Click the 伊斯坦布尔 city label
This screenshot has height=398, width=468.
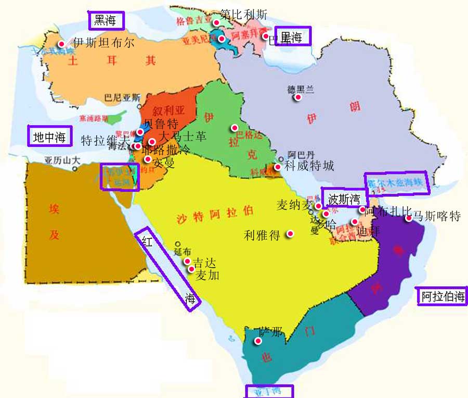pyautogui.click(x=103, y=43)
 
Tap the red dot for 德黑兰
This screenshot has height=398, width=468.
pyautogui.click(x=298, y=97)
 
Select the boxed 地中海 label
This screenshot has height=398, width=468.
pyautogui.click(x=49, y=137)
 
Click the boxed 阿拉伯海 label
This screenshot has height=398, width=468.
pyautogui.click(x=443, y=297)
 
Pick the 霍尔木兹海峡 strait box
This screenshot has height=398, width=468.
pyautogui.click(x=396, y=183)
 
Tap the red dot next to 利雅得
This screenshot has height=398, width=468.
pyautogui.click(x=290, y=233)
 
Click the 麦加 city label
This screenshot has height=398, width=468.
pyautogui.click(x=207, y=276)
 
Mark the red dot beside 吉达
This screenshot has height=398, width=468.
pyautogui.click(x=187, y=261)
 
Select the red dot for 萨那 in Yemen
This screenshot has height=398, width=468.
pyautogui.click(x=257, y=341)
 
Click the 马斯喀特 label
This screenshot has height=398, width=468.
pyautogui.click(x=437, y=216)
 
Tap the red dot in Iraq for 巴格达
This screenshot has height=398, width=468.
pyautogui.click(x=235, y=128)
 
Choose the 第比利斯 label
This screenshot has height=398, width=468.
pyautogui.click(x=243, y=14)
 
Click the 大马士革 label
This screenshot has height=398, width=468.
pyautogui.click(x=182, y=137)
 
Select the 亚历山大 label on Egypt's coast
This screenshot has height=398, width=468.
pyautogui.click(x=62, y=160)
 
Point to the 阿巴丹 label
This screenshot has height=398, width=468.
pyautogui.click(x=301, y=155)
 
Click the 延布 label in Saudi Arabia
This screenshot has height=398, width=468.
pyautogui.click(x=183, y=251)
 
